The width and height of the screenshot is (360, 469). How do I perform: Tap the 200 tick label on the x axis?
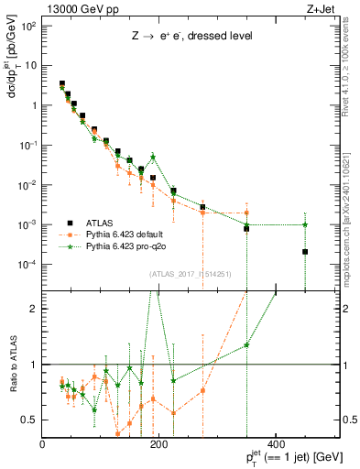[159, 444]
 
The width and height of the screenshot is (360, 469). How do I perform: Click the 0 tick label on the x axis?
[43, 444]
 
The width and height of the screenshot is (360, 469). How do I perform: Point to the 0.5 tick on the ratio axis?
[30, 420]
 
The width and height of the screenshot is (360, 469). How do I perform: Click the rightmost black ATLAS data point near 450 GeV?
[305, 251]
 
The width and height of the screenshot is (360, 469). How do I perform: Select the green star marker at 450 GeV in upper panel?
[305, 224]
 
